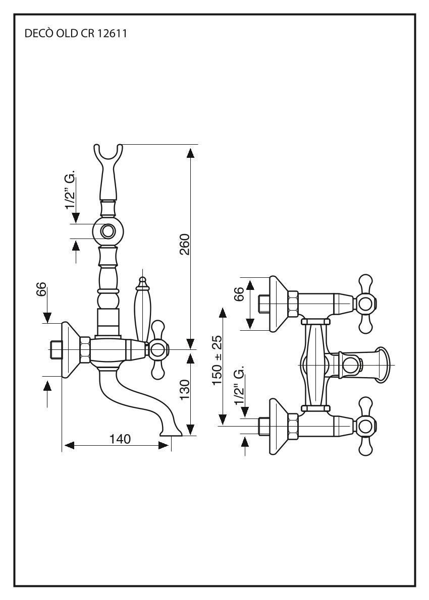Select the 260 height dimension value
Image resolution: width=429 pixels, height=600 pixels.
point(184,244)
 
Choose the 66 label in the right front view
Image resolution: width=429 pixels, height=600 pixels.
point(240,293)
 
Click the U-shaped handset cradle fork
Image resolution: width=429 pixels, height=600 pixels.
point(108,154)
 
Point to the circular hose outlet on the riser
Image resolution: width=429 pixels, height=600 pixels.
point(108,231)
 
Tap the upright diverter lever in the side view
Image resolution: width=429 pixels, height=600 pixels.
point(143,308)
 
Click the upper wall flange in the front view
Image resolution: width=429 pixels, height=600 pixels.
point(278,304)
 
